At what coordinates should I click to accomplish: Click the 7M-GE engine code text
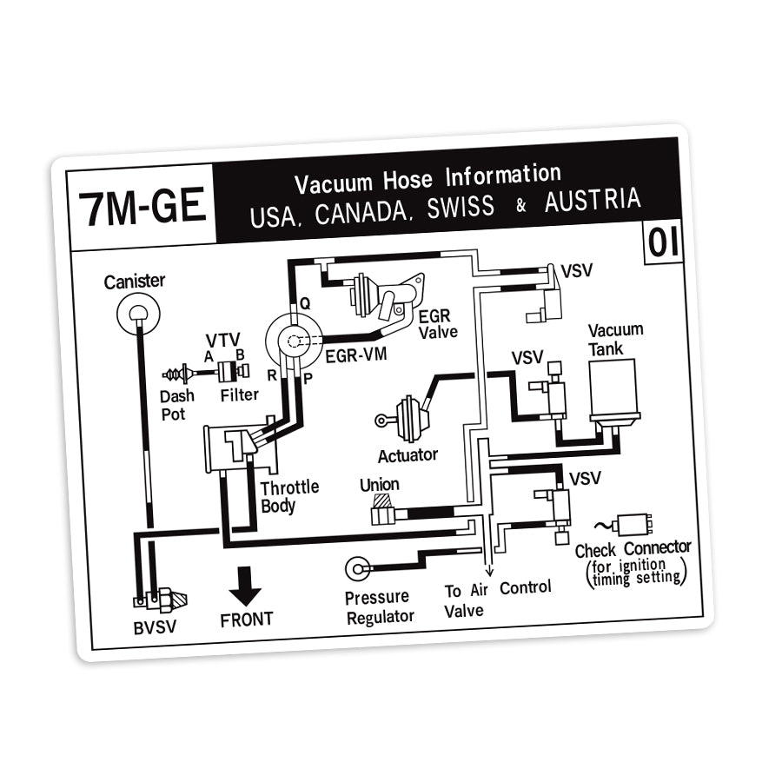(x=142, y=208)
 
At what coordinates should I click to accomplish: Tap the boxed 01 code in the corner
(x=663, y=243)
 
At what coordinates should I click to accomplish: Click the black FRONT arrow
(x=245, y=585)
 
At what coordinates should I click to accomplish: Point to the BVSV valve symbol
(x=161, y=600)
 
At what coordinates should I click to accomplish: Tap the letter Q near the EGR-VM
(x=304, y=303)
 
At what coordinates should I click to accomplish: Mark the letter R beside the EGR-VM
(x=272, y=376)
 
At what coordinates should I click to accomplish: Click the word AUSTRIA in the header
(x=593, y=202)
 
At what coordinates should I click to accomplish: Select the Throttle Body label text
(x=289, y=496)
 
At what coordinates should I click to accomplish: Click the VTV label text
(x=222, y=340)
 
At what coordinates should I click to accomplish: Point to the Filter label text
(x=239, y=395)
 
